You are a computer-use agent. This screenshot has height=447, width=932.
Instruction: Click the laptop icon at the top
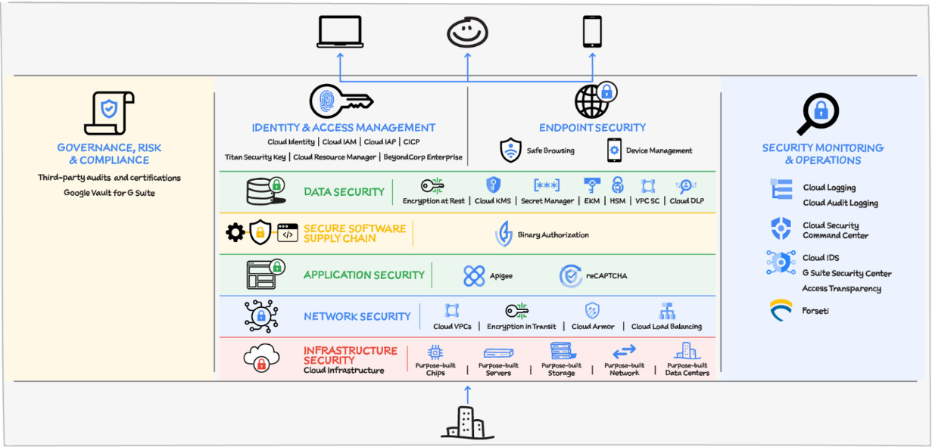pyautogui.click(x=340, y=32)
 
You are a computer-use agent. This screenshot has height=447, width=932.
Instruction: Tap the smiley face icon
pyautogui.click(x=467, y=32)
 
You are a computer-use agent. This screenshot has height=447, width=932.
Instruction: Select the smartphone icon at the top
pyautogui.click(x=592, y=32)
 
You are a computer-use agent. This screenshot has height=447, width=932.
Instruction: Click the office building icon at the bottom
pyautogui.click(x=467, y=422)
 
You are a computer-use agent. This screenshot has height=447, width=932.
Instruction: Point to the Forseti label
pyautogui.click(x=815, y=311)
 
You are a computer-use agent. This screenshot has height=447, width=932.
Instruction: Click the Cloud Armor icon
pyautogui.click(x=592, y=310)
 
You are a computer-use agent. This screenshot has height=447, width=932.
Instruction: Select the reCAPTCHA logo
pyautogui.click(x=571, y=276)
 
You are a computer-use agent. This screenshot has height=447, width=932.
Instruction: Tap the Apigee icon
pyautogui.click(x=474, y=276)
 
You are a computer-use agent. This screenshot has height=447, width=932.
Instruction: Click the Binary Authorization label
pyautogui.click(x=553, y=235)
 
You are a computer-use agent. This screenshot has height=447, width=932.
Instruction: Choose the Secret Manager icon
pyautogui.click(x=547, y=185)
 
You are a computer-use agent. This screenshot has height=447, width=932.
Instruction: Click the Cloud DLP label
pyautogui.click(x=687, y=201)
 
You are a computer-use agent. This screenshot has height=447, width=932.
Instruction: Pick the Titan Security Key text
pyautogui.click(x=255, y=157)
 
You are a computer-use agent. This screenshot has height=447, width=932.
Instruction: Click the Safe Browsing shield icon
pyautogui.click(x=511, y=150)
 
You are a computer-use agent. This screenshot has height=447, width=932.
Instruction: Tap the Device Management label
pyautogui.click(x=659, y=151)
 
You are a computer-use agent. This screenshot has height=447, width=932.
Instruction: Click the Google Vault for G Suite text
pyautogui.click(x=110, y=193)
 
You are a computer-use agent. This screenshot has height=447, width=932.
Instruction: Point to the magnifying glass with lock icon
pyautogui.click(x=818, y=114)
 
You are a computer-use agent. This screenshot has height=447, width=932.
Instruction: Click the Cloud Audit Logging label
pyautogui.click(x=840, y=203)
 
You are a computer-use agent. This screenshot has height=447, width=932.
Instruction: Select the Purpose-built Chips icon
pyautogui.click(x=435, y=352)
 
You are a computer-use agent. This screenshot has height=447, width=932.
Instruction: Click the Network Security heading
pyautogui.click(x=357, y=316)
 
